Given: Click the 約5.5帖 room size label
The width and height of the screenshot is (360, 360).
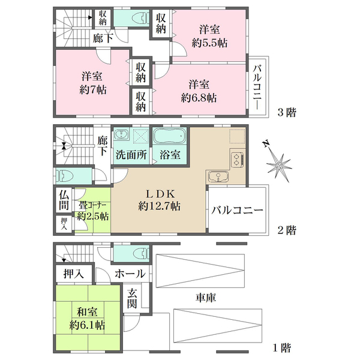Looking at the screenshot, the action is click(209, 43).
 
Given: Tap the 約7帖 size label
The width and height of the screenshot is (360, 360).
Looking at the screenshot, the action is click(93, 90).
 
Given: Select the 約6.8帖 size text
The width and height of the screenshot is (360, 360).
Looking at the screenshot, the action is click(199, 98).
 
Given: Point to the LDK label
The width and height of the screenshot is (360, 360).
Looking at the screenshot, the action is click(160, 194).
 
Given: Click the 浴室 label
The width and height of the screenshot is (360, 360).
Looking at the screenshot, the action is click(170, 155).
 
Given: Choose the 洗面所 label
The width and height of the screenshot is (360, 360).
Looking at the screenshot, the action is click(131, 155).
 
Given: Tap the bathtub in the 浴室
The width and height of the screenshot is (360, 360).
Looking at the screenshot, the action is click(170, 136).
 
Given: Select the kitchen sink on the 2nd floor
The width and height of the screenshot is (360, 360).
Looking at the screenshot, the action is click(218, 177).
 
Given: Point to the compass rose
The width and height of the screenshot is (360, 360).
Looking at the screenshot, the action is click(278, 164).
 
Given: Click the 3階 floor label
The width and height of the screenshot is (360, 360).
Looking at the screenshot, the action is click(287, 113).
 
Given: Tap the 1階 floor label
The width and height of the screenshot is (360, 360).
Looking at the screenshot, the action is click(282, 348).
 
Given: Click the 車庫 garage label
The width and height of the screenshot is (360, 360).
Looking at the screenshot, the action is click(206, 298).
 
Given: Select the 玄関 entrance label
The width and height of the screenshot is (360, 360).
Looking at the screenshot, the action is click(132, 299).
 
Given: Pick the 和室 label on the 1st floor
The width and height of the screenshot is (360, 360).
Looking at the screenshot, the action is click(87, 312).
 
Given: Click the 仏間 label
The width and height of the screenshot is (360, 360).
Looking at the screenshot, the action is click(64, 200).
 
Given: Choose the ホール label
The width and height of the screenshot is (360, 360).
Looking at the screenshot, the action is click(130, 274).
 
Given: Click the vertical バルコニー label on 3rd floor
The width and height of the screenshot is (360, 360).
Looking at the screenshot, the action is click(257, 87).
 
